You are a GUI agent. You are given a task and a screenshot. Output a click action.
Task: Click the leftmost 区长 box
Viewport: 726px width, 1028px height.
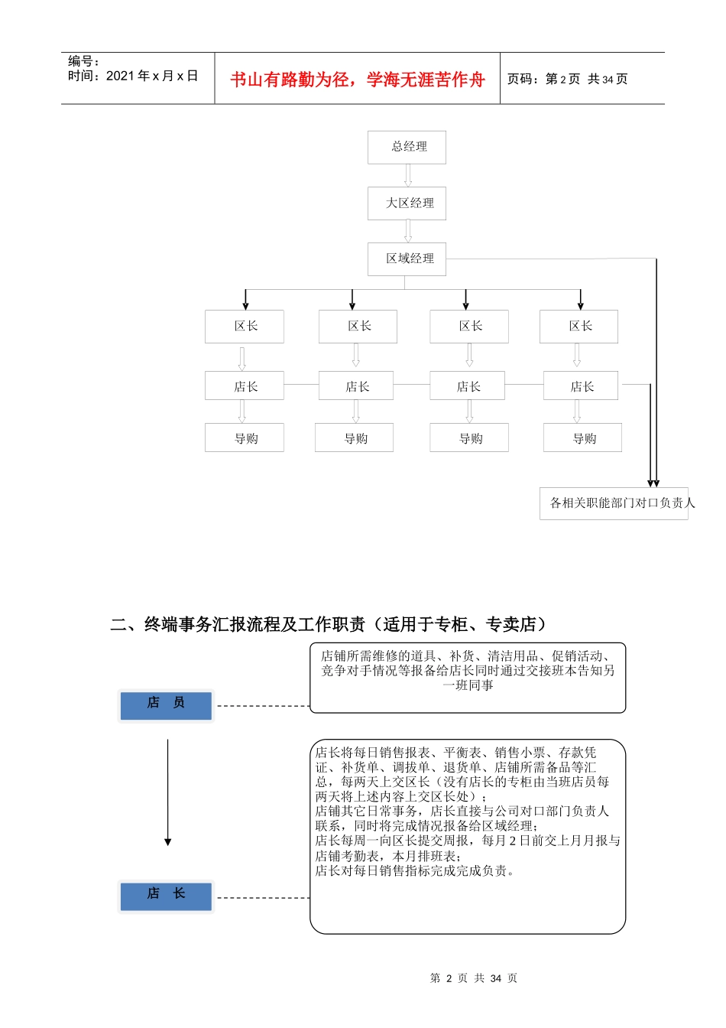(245, 327)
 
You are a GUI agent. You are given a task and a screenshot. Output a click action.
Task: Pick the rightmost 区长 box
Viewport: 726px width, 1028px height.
(579, 327)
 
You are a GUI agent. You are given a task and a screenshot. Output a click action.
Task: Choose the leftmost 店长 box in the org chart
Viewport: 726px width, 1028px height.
(245, 386)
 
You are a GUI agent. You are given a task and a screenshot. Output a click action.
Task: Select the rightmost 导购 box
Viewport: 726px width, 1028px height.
(582, 438)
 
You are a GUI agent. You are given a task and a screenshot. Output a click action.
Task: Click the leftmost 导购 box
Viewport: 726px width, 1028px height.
(245, 438)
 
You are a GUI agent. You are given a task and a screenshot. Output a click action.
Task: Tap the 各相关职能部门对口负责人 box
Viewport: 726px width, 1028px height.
(614, 503)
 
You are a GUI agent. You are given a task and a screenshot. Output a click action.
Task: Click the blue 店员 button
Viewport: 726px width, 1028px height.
(166, 704)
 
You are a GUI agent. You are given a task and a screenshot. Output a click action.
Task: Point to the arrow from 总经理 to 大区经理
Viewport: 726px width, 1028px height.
(407, 175)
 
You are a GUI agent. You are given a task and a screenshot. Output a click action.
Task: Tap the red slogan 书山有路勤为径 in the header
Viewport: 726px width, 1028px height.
(358, 80)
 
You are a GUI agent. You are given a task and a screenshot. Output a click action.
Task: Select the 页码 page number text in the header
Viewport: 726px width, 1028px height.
(567, 79)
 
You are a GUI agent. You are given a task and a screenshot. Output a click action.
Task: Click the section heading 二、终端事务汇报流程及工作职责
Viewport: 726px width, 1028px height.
(329, 624)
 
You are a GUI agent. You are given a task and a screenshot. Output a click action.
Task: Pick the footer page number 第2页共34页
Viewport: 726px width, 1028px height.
(474, 978)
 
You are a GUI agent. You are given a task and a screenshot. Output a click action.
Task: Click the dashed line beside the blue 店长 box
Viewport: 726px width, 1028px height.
(264, 898)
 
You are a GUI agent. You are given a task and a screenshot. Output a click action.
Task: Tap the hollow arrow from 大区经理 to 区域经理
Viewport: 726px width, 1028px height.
(407, 231)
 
